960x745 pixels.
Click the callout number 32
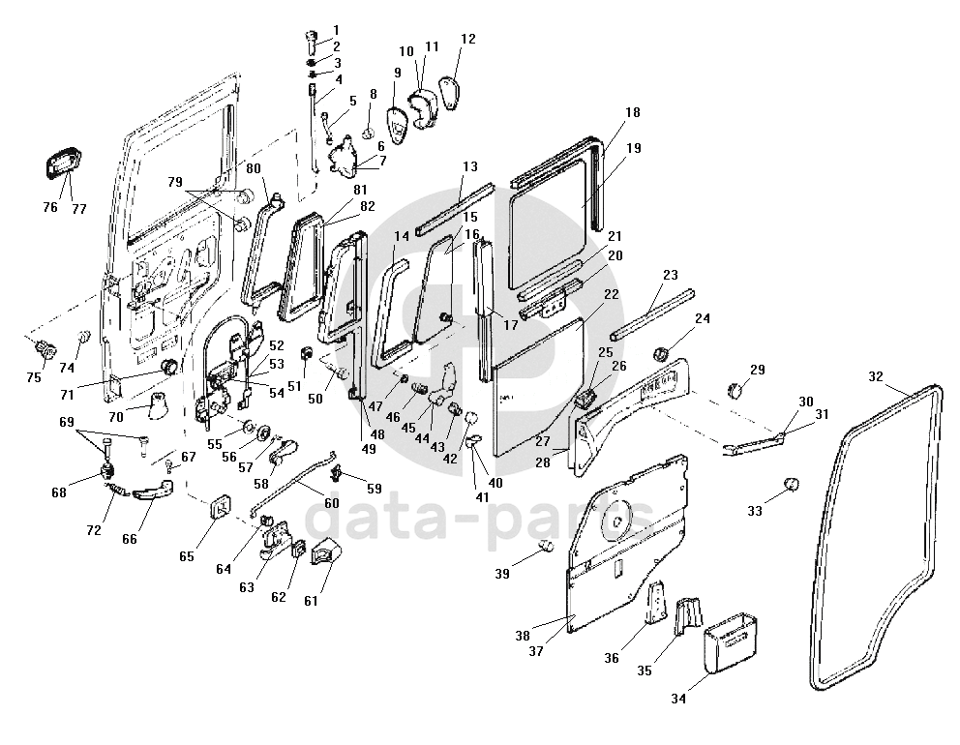pyautogui.click(x=876, y=376)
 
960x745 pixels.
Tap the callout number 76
pyautogui.click(x=50, y=207)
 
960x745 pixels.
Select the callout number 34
pyautogui.click(x=678, y=699)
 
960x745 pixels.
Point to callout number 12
pyautogui.click(x=467, y=39)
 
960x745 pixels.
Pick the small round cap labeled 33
pyautogui.click(x=791, y=484)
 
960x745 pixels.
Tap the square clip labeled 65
pyautogui.click(x=221, y=506)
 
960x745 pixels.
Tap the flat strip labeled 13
pyautogui.click(x=455, y=208)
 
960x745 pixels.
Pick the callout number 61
pyautogui.click(x=311, y=601)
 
